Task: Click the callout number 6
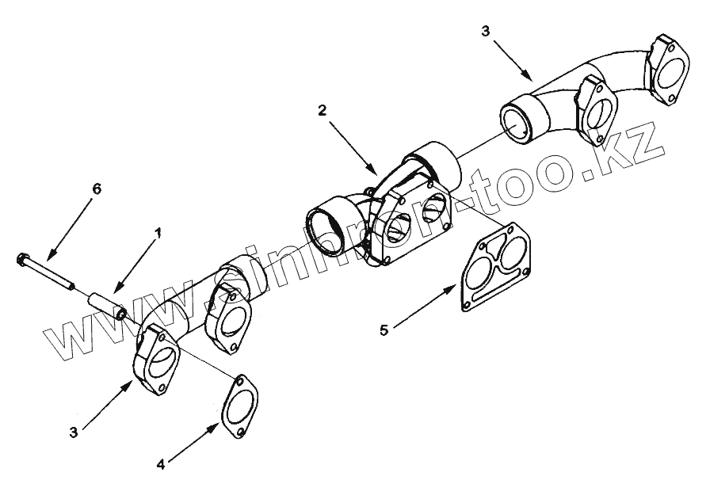click(97, 189)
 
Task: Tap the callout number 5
click(384, 330)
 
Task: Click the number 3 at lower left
click(73, 432)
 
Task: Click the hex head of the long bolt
click(22, 259)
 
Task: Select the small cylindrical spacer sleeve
click(105, 305)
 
